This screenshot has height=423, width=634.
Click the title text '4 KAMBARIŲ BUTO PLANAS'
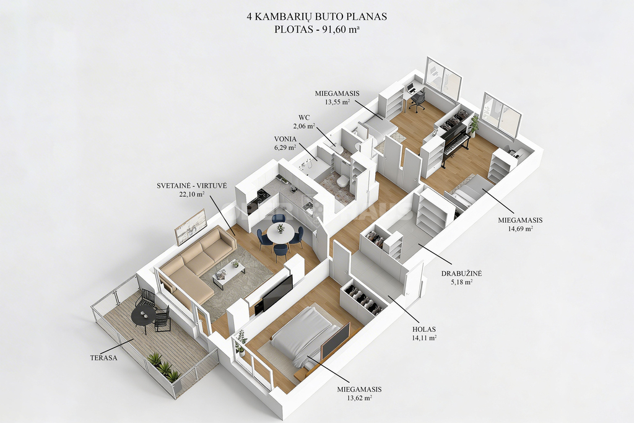pos(316,17)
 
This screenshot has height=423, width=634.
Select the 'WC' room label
pos(305,118)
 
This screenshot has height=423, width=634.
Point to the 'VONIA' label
pos(285,139)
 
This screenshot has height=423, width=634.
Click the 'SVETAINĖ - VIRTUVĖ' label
pos(192,186)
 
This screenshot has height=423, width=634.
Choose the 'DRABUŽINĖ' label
pos(461,274)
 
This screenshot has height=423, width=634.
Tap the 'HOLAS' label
pos(423,329)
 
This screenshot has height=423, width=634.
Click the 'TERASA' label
pos(104,358)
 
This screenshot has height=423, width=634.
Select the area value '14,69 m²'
pos(520,229)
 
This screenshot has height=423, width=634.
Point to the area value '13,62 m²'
pos(360,398)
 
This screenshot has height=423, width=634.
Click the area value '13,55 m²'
pos(337,102)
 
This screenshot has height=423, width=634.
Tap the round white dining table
pos(280,233)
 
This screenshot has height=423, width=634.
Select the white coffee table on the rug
pos(229,273)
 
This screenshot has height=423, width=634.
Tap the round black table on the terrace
pos(144,314)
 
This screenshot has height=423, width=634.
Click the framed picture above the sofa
pos(190,227)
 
